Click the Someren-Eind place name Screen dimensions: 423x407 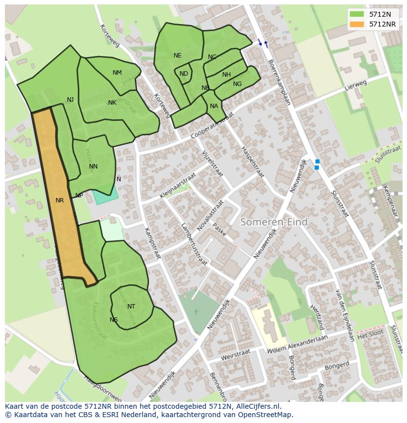pos(274,222)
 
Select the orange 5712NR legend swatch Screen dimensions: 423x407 pos(357,24)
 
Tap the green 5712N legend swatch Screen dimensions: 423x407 pos(357,14)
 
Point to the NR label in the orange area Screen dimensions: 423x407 pos(59,200)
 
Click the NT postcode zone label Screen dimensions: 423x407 pos(131,307)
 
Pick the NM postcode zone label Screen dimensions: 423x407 pos(117,73)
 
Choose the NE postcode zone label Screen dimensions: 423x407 pos(177,56)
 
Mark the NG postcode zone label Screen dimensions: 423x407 pos(237,84)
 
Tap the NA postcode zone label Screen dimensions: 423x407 pos(214,106)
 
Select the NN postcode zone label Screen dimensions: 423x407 pos(93,167)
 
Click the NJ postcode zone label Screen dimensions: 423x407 pos(70,100)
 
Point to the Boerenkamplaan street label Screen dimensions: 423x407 pos(279,83)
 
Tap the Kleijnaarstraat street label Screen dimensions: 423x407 pos(177,185)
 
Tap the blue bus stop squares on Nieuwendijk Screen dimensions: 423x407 pos(317,165)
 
